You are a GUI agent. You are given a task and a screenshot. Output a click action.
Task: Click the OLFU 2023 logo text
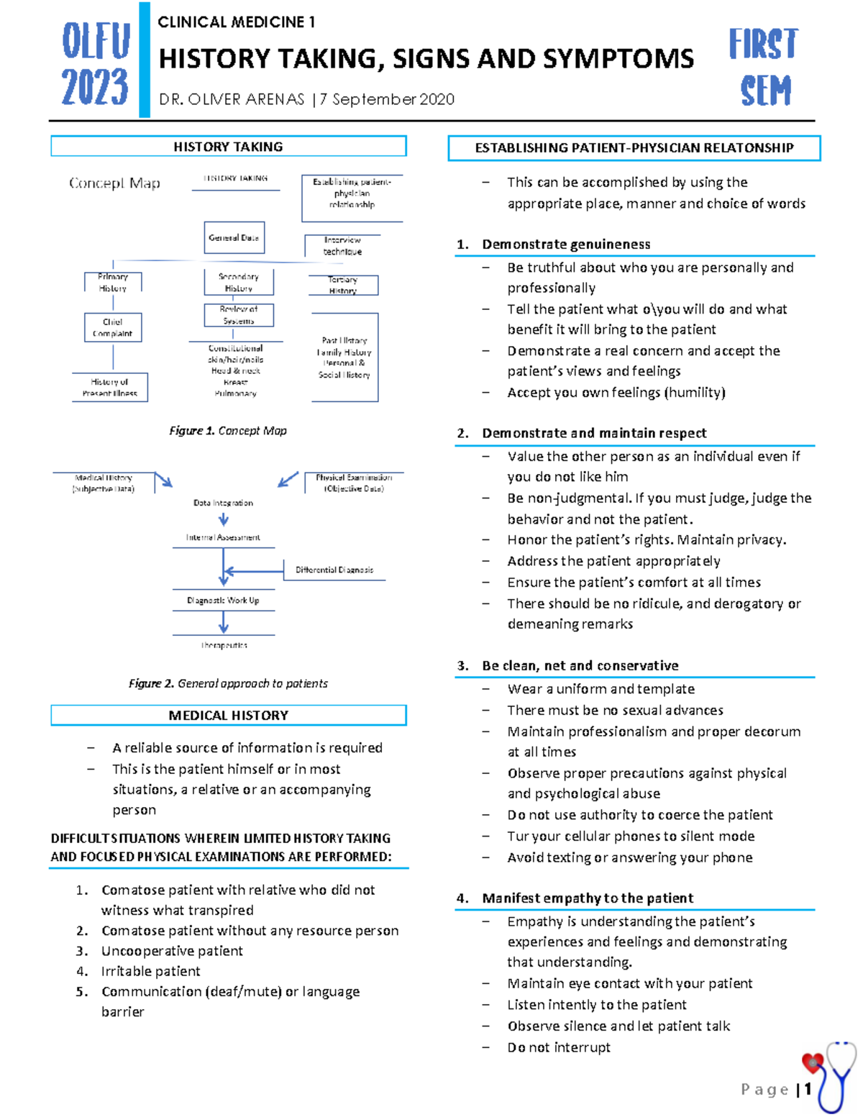(x=95, y=63)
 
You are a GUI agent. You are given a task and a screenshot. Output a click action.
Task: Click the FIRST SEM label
(x=764, y=67)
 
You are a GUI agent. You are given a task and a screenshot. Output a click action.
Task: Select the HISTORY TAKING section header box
(x=228, y=147)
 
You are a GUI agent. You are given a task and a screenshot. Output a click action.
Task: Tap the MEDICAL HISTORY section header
(x=228, y=716)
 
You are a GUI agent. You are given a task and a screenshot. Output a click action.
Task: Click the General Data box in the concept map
(x=234, y=237)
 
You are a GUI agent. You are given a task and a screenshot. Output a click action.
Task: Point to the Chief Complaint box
(x=113, y=327)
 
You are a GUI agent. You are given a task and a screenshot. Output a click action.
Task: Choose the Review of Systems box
(x=239, y=315)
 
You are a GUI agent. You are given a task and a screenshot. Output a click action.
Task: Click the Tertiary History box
(x=343, y=285)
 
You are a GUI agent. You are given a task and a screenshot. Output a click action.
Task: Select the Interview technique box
(x=342, y=246)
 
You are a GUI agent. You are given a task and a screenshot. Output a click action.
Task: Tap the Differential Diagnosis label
(x=334, y=570)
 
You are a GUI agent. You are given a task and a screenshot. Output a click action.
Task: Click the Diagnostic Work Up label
(x=223, y=601)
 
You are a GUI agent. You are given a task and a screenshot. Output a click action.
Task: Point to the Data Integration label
(x=223, y=503)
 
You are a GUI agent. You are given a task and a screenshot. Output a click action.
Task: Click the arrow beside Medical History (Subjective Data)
(x=164, y=480)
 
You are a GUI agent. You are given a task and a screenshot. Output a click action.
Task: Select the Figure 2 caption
(x=228, y=683)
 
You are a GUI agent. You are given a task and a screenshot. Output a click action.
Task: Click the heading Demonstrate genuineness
(x=566, y=245)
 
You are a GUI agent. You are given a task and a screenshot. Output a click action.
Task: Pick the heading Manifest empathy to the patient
(x=588, y=898)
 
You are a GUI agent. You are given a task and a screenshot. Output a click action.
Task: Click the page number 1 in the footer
(x=808, y=1089)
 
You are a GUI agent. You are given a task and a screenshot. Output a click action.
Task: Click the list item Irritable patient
(x=150, y=971)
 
